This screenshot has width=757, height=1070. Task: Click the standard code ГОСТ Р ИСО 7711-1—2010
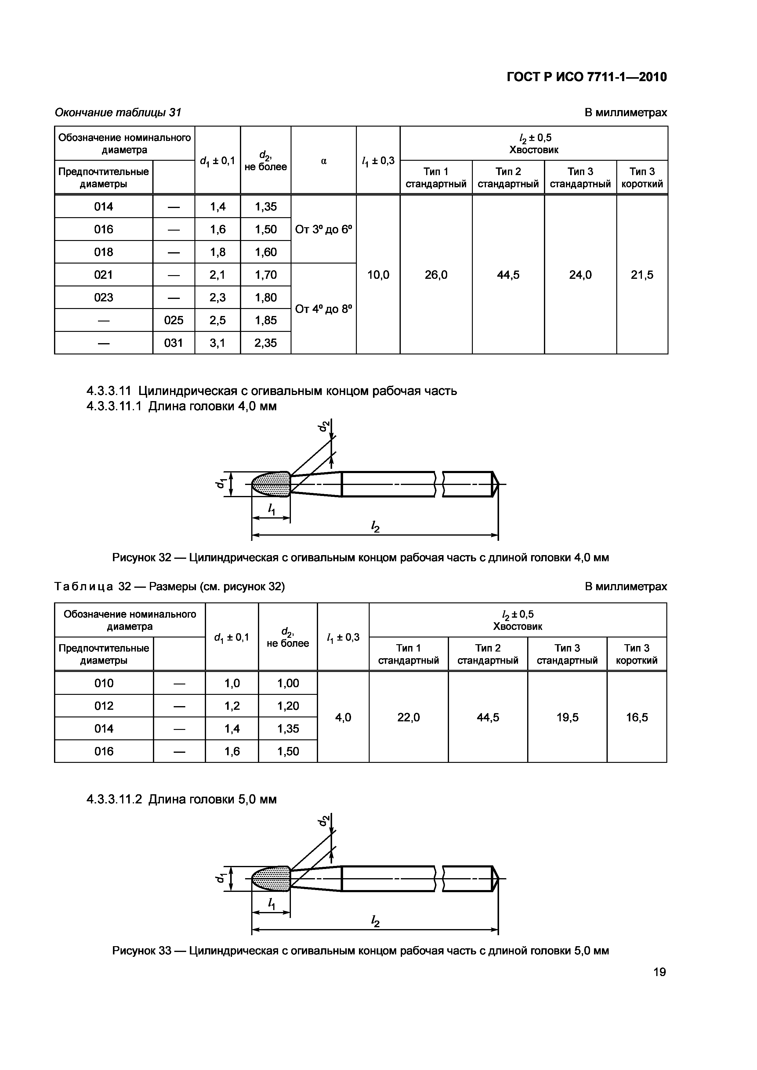(587, 77)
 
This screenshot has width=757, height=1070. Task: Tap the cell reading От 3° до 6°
(324, 229)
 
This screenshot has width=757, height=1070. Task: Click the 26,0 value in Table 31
(436, 275)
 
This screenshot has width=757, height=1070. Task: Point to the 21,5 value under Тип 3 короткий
(642, 275)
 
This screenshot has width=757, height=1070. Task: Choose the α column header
(324, 161)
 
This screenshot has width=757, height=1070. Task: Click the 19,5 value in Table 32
(567, 717)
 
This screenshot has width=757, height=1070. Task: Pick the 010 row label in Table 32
(103, 683)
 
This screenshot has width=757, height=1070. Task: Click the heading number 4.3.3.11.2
(116, 799)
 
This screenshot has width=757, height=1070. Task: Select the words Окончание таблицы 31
(118, 112)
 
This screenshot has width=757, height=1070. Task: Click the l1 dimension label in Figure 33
(271, 904)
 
